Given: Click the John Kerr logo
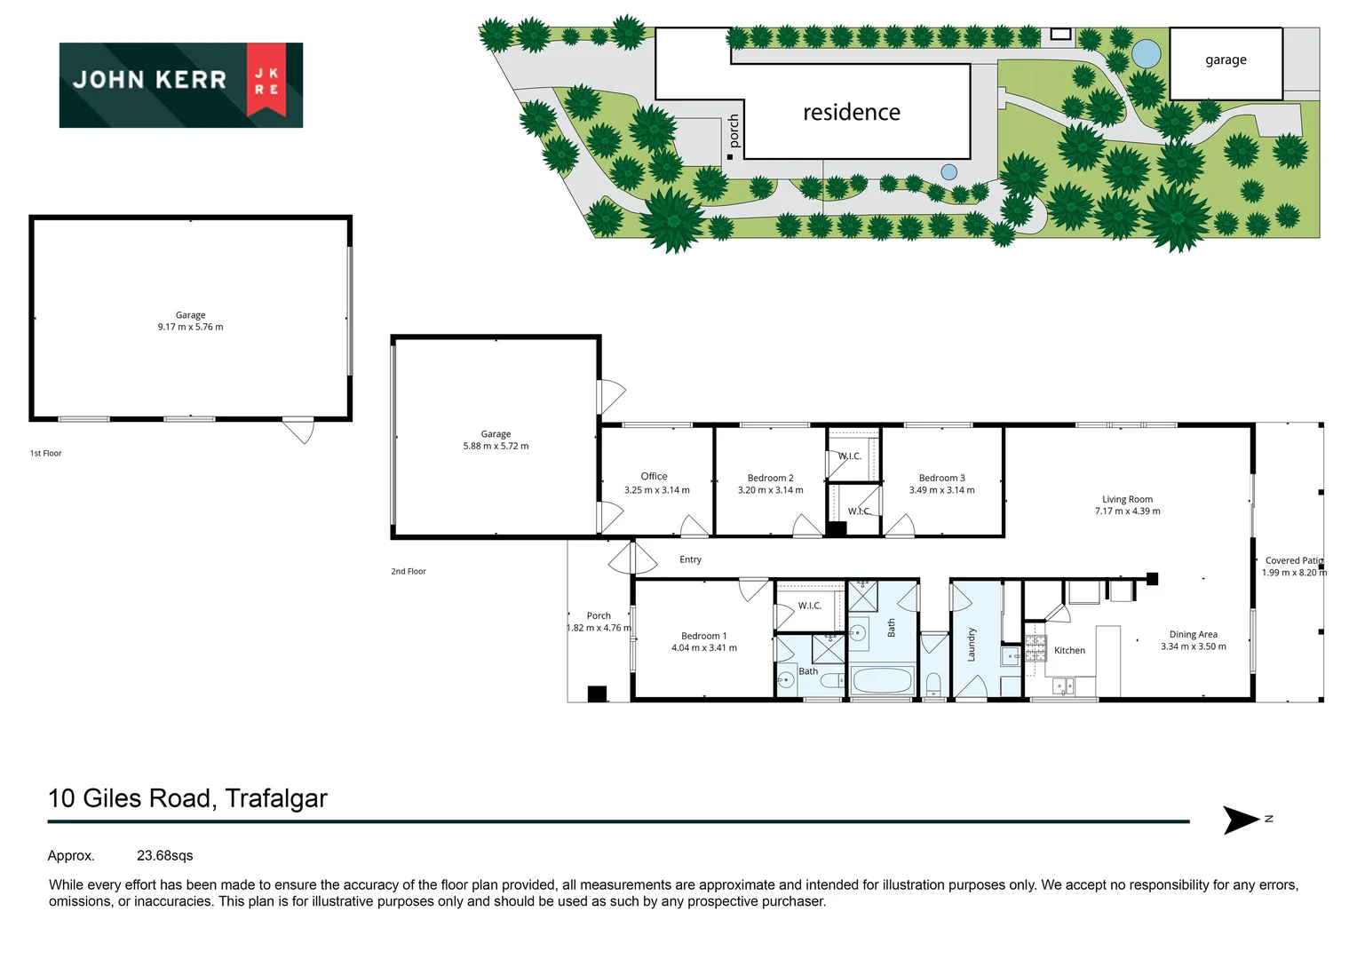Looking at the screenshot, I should [x=180, y=84].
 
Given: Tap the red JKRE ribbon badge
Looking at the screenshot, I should [x=266, y=80].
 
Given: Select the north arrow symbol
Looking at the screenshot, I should [x=1242, y=820].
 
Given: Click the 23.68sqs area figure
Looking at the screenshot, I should [x=164, y=856].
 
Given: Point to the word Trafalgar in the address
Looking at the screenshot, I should [x=276, y=798].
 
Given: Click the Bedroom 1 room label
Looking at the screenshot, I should [x=703, y=636].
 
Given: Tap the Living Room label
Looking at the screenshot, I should [x=1127, y=499].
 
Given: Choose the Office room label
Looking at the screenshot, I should [x=654, y=477].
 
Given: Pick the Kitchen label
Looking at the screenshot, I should [x=1069, y=651].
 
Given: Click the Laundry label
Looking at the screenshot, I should [x=971, y=645].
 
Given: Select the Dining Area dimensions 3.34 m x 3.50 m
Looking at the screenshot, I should [x=1193, y=646].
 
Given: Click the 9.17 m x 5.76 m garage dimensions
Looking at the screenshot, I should [x=190, y=328].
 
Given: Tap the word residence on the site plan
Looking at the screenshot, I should [x=851, y=113].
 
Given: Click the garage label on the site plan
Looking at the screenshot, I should [x=1226, y=60].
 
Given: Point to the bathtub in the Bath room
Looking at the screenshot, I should [x=881, y=681].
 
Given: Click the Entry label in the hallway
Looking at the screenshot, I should [x=690, y=559].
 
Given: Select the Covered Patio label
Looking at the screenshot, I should [x=1293, y=560].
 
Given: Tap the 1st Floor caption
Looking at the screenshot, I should [x=46, y=454].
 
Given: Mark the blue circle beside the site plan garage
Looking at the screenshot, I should [x=1146, y=54].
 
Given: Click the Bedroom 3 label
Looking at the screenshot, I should [x=941, y=478].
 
